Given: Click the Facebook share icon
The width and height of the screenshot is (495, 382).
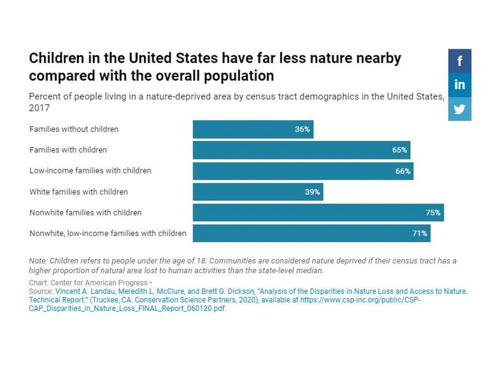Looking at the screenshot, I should (x=459, y=61).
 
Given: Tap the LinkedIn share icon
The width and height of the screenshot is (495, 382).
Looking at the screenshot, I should (x=459, y=85).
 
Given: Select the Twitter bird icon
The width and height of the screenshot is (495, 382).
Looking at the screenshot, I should (x=459, y=109).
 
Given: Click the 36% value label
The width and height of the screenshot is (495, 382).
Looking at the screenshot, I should (x=302, y=129).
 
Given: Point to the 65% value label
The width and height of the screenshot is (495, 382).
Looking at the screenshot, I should (x=400, y=150).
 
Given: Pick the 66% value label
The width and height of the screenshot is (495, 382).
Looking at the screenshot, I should (x=403, y=171).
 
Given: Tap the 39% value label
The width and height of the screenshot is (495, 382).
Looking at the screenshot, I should (x=312, y=191).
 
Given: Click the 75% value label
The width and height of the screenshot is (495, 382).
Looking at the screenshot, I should (x=433, y=212).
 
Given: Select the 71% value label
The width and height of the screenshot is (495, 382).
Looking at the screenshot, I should (x=420, y=233).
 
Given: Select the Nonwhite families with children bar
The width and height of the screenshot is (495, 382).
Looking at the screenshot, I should (x=310, y=212).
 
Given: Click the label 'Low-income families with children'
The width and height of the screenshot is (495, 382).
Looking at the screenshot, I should (x=90, y=171).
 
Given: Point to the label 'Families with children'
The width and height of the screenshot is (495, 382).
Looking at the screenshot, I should (x=68, y=150).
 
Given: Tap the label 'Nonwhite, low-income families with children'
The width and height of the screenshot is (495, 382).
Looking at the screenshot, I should (x=108, y=233).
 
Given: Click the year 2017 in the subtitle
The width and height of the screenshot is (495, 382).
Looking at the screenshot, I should (x=39, y=108).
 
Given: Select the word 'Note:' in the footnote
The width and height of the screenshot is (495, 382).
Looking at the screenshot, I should (x=38, y=261).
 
